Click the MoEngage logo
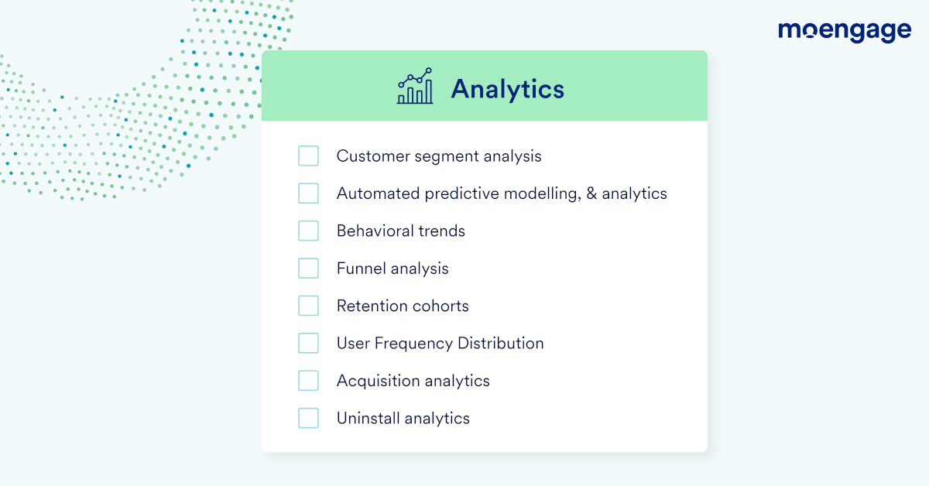coord(845,32)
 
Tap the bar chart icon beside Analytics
coord(415,86)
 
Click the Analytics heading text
coord(508,89)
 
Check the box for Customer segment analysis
coord(308,156)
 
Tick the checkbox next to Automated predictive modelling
coord(308,193)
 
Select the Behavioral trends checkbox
coord(308,231)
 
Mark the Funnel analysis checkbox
coord(308,269)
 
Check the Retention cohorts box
coord(308,306)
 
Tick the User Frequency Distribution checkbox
coord(308,343)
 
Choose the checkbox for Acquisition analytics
coord(308,381)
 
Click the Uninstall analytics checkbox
coord(308,418)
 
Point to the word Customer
coord(373,156)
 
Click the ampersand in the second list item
coord(591,193)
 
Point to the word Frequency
coord(413,344)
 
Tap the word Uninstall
coord(369,419)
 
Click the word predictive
coord(461,194)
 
